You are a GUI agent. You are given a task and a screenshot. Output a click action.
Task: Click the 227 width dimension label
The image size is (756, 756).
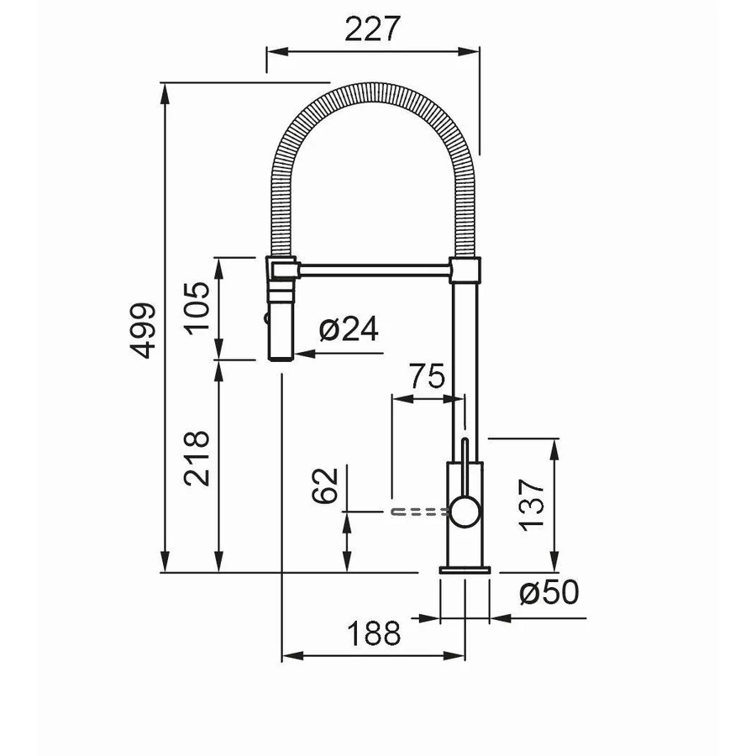[x=373, y=29]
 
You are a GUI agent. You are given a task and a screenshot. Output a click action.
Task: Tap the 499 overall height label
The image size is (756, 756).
[x=143, y=331]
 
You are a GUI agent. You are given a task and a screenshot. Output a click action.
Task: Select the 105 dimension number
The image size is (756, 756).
[x=197, y=308]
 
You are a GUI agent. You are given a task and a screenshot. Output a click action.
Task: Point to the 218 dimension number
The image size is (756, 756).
[x=197, y=458]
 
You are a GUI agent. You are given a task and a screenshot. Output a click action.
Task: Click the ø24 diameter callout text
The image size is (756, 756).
[x=349, y=328]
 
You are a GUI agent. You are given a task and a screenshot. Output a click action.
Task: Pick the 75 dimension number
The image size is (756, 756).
[x=428, y=376]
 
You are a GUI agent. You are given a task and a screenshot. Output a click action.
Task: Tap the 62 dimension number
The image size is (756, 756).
[x=325, y=486]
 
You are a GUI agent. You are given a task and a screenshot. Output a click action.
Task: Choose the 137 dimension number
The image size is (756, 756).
[x=532, y=505]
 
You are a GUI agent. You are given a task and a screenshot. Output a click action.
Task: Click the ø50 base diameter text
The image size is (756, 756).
[x=549, y=591]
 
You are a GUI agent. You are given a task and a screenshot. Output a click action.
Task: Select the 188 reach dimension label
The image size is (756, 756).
[x=374, y=633]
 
